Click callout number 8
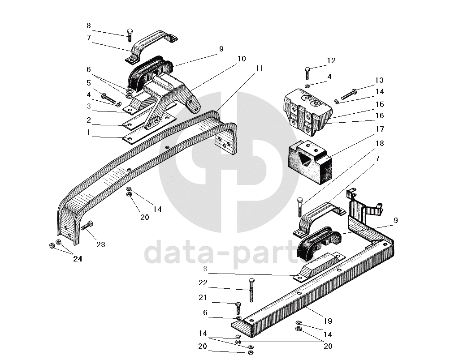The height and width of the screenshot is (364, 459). [x=88, y=26]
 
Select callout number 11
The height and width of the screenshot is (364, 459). [x=260, y=68]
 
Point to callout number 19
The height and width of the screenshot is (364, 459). [x=328, y=321]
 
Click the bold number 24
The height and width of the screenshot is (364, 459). [x=78, y=259]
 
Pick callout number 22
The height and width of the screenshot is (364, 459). [x=204, y=283]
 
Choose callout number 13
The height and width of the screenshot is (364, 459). [x=379, y=81]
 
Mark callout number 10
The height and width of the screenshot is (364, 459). [x=242, y=59]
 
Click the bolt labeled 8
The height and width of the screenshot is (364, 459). [x=129, y=35]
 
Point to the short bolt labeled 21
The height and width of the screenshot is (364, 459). [x=238, y=308]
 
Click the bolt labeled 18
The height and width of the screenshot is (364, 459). [x=299, y=207]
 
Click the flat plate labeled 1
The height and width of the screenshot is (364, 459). [x=143, y=133]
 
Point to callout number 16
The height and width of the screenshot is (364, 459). [x=380, y=116]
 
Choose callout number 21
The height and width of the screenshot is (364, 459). [x=204, y=298]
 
